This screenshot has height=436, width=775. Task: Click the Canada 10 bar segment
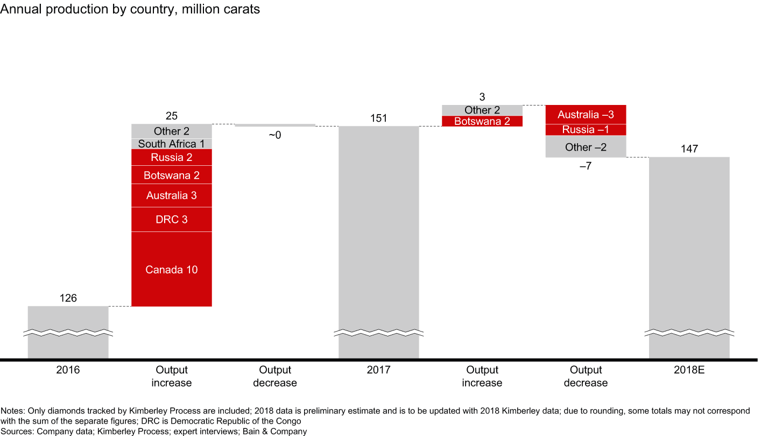[x=172, y=269]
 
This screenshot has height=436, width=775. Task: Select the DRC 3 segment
[x=172, y=220]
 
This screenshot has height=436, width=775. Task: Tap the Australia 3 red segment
[x=172, y=195]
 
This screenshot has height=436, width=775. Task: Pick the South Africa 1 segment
[x=172, y=144]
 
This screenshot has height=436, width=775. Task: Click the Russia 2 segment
[x=172, y=157]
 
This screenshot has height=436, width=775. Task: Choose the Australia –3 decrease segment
[x=586, y=115]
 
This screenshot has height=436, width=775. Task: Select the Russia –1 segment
[x=586, y=130]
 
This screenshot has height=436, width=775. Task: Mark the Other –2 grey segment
[x=586, y=147]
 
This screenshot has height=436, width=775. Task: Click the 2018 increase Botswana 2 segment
[x=482, y=121]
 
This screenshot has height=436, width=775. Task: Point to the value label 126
[x=68, y=298]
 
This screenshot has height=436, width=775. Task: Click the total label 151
[x=378, y=118]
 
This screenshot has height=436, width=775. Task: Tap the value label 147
[x=689, y=149]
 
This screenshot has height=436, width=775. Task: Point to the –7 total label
[x=585, y=166]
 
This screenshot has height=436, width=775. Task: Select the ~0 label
[x=274, y=135]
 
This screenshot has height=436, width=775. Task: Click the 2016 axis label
[x=68, y=370]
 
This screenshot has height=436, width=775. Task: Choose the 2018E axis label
[x=689, y=370]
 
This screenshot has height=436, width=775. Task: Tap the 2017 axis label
[x=378, y=370]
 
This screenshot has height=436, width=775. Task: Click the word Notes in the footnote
[x=12, y=411]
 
